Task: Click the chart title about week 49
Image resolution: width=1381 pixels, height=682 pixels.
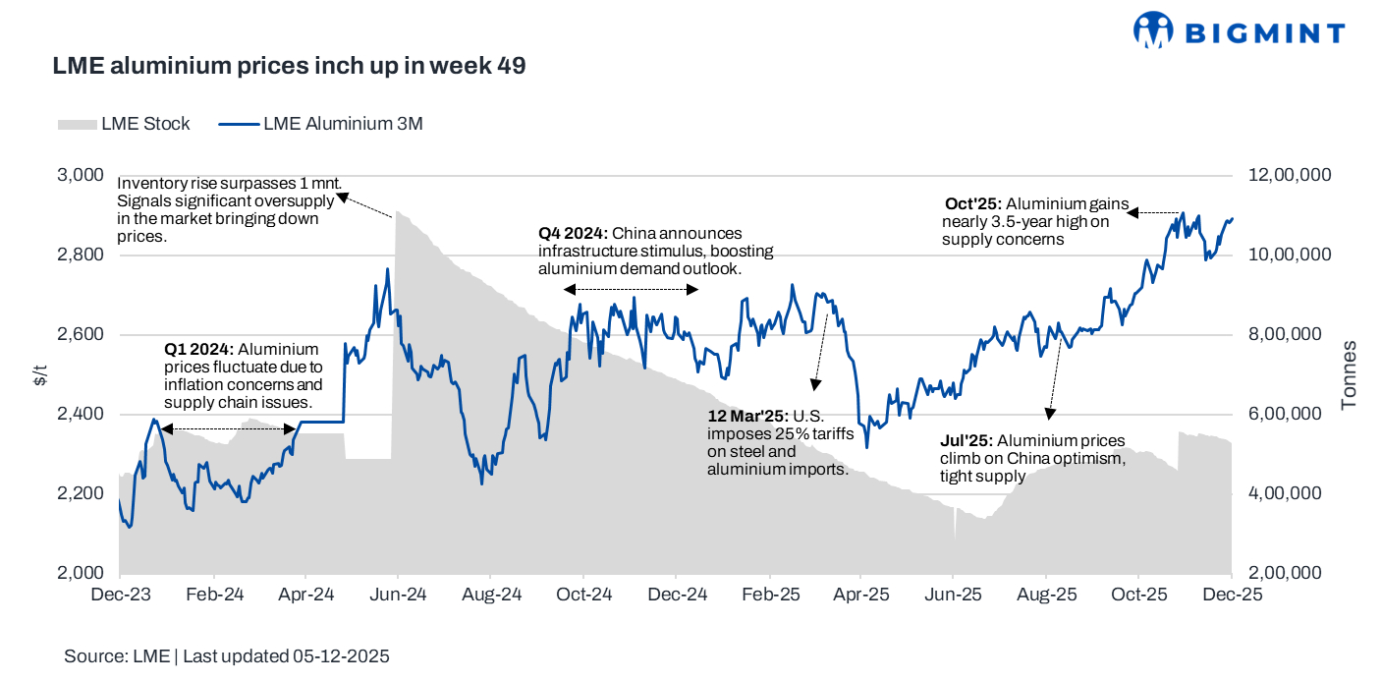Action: click(289, 67)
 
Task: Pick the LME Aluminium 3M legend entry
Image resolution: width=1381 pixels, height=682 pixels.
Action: click(319, 124)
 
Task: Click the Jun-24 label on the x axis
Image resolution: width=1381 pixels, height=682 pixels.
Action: click(398, 595)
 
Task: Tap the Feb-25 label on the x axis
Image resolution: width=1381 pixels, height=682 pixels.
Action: click(769, 595)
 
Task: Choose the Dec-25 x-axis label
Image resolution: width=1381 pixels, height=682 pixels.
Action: click(1232, 595)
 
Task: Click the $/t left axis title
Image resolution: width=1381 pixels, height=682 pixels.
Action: click(38, 374)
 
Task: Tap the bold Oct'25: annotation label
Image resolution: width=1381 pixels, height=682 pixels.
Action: click(972, 204)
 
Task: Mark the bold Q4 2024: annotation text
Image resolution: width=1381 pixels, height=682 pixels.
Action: click(573, 234)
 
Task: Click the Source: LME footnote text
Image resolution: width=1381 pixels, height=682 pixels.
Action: click(227, 656)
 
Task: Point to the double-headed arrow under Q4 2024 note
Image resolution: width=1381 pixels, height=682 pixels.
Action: click(631, 289)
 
